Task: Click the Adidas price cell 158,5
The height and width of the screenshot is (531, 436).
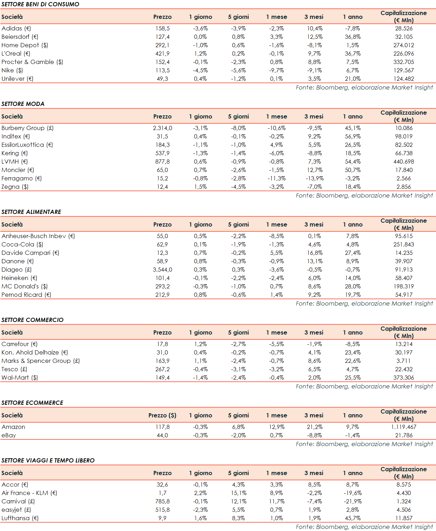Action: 162,28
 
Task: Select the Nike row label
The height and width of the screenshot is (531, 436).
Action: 12,70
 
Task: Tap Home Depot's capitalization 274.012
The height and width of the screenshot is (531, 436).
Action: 404,45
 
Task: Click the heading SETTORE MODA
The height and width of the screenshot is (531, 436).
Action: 23,104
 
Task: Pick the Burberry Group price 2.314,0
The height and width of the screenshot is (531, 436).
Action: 162,128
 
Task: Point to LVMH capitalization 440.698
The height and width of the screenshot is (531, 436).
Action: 404,162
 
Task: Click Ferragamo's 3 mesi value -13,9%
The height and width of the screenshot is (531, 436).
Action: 315,178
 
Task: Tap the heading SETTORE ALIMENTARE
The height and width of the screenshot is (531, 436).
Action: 31,212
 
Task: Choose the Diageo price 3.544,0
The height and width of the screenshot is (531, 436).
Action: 162,270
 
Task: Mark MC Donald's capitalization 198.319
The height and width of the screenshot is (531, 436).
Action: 404,286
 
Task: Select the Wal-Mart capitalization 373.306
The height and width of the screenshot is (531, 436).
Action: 404,378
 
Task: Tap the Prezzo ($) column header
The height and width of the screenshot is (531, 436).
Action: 162,415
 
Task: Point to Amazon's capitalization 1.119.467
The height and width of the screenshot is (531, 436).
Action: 404,427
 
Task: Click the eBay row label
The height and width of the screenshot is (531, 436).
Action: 9,435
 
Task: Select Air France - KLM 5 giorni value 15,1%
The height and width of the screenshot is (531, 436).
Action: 239,493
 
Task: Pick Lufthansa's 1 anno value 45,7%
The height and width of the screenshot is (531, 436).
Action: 353,518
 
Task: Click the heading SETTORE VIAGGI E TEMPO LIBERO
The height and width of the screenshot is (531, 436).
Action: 48,460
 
